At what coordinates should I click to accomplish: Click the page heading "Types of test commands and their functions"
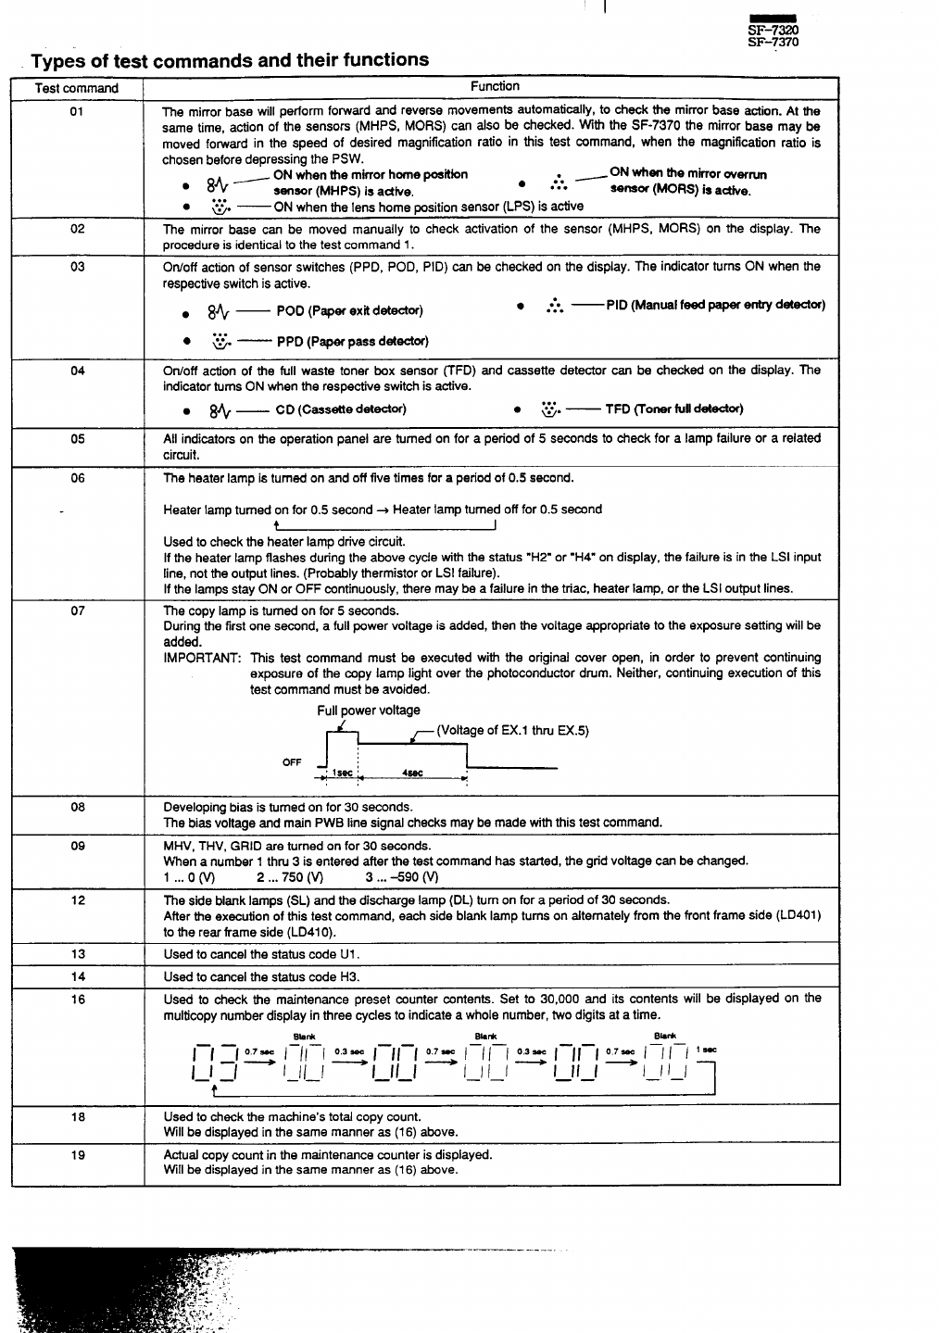point(230,60)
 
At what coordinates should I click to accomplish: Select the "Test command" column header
point(77,88)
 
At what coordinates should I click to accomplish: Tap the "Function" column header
point(495,86)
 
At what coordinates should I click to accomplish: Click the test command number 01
point(77,111)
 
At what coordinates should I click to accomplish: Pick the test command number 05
point(77,439)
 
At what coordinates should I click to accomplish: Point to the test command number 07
point(77,611)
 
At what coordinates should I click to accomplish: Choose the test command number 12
point(77,900)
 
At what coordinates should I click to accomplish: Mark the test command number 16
point(77,1000)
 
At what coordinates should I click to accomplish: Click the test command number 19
point(77,1155)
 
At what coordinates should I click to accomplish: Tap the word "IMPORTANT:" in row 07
point(203,658)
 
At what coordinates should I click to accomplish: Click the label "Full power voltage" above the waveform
point(369,711)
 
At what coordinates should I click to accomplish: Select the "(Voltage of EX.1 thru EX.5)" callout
point(512,730)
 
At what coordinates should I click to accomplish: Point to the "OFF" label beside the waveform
point(292,762)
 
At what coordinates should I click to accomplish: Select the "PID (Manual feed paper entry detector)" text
point(715,305)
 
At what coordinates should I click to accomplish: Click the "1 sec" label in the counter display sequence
point(706,1050)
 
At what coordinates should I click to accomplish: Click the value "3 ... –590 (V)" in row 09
point(401,877)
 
